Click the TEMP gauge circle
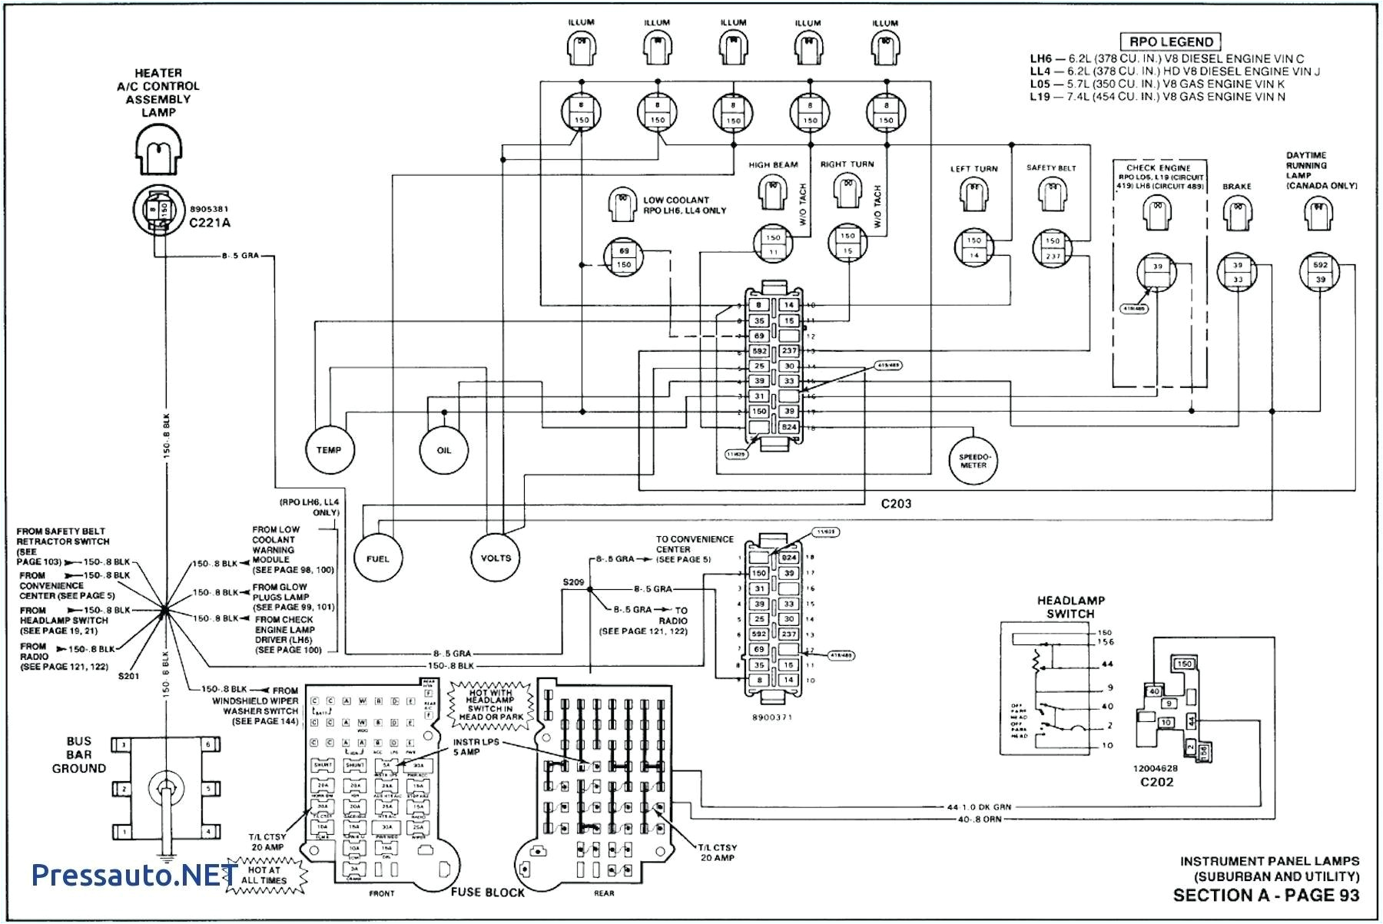point(330,450)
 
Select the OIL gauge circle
point(443,450)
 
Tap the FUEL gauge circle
point(378,558)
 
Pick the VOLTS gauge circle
point(496,558)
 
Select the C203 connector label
point(896,504)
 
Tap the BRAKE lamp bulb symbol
point(1236,213)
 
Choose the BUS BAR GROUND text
point(79,754)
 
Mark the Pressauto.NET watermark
point(134,874)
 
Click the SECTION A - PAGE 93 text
point(1265,896)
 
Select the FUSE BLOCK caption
point(487,893)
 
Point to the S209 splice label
point(573,583)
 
